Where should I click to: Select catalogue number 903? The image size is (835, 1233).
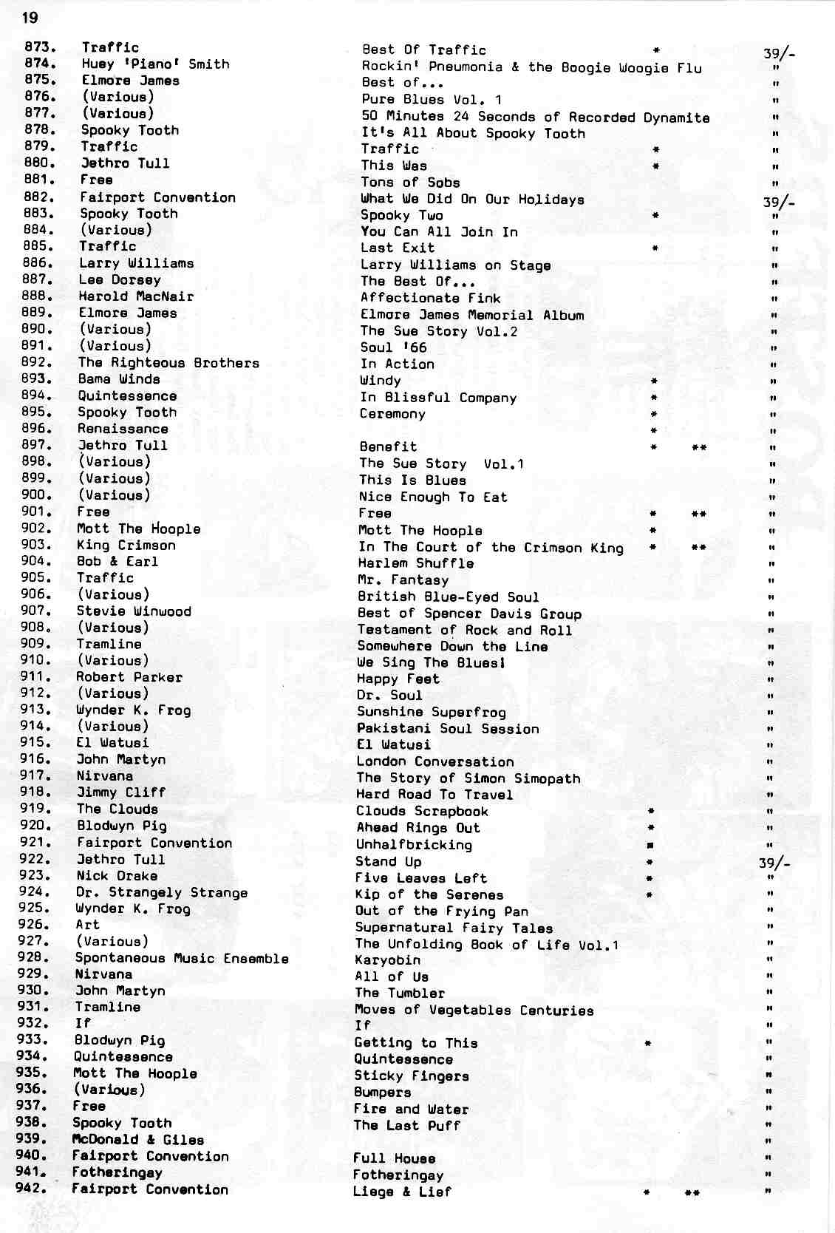pos(38,545)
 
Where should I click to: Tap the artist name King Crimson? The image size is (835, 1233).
pos(126,546)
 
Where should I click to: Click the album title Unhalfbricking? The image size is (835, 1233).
pos(414,844)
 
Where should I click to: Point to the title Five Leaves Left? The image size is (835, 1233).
pos(420,878)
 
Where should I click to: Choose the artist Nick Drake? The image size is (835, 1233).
pos(117,876)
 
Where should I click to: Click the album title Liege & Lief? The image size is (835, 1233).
pos(401,1192)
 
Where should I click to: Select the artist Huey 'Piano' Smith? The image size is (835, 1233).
pos(155,64)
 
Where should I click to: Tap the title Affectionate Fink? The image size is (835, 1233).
pos(430,298)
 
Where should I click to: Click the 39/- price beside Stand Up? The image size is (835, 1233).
pos(774,863)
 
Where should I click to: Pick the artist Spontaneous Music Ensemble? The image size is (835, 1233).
pos(181,959)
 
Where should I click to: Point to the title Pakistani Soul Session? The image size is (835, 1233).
pos(447,729)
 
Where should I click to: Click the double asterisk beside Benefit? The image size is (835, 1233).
pos(698,447)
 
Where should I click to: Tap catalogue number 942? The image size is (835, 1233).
pos(32,1189)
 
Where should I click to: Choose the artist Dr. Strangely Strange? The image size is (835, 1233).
pos(161,893)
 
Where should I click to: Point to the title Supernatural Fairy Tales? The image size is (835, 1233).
pos(453,928)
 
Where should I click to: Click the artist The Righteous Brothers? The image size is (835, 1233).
pos(168,363)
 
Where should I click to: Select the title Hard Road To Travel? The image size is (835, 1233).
pos(434,795)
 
